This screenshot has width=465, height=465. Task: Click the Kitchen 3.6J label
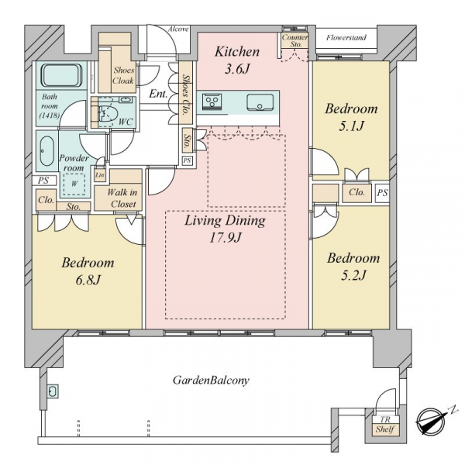[237, 60]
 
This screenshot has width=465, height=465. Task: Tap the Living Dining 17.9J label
[225, 229]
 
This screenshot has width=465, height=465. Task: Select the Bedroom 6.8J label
[88, 271]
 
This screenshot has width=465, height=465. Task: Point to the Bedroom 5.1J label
[351, 117]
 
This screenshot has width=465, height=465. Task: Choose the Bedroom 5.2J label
[353, 267]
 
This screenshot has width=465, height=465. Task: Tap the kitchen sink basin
[260, 102]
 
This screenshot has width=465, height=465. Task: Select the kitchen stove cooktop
[212, 102]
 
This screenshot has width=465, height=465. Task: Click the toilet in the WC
[107, 113]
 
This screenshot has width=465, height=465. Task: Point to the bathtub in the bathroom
[62, 75]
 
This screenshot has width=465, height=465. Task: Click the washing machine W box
[74, 184]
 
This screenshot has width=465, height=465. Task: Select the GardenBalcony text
[211, 380]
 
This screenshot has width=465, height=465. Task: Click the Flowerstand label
[346, 38]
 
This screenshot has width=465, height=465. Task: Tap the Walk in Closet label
[122, 198]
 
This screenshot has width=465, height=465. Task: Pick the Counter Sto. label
[294, 40]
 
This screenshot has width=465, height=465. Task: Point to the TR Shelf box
[385, 425]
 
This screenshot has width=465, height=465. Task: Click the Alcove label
[178, 29]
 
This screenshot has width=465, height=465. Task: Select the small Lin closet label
[100, 175]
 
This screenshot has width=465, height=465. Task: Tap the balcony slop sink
[53, 391]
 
